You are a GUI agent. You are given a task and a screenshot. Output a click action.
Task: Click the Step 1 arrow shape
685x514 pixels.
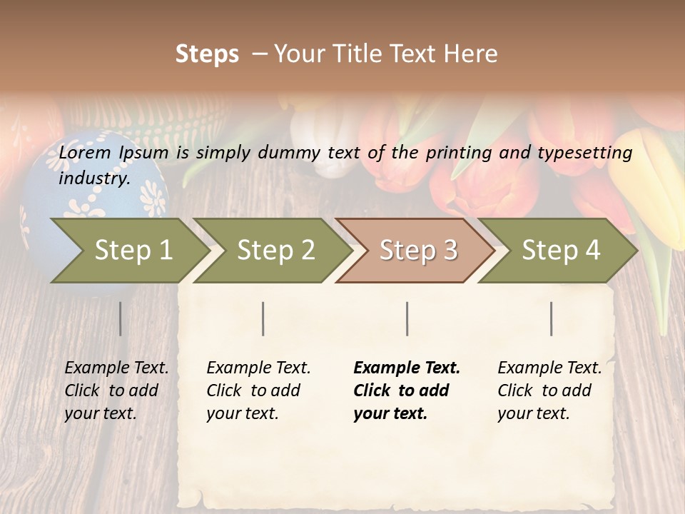click(x=128, y=251)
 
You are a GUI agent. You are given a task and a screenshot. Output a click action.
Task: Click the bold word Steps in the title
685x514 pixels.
click(x=207, y=54)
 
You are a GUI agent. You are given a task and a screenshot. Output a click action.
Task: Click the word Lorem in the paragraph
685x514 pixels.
click(x=85, y=153)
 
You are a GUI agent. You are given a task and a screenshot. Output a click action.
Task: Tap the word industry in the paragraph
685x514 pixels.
click(x=93, y=178)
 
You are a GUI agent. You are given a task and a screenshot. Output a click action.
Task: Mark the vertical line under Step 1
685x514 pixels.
click(x=121, y=318)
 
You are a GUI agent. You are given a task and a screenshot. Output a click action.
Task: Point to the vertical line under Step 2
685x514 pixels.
click(x=263, y=318)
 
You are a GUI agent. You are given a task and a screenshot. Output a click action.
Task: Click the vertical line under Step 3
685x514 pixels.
click(x=407, y=318)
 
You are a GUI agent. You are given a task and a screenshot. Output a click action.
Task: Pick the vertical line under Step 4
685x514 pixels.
click(x=552, y=318)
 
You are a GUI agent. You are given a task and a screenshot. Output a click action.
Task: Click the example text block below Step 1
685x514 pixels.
click(x=116, y=390)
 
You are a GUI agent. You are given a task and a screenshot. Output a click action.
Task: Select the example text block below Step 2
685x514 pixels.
click(x=258, y=390)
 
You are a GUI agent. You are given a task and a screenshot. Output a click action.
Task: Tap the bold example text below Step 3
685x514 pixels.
click(x=407, y=390)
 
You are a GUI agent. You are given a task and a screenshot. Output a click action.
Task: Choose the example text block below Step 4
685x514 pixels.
click(x=549, y=390)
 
